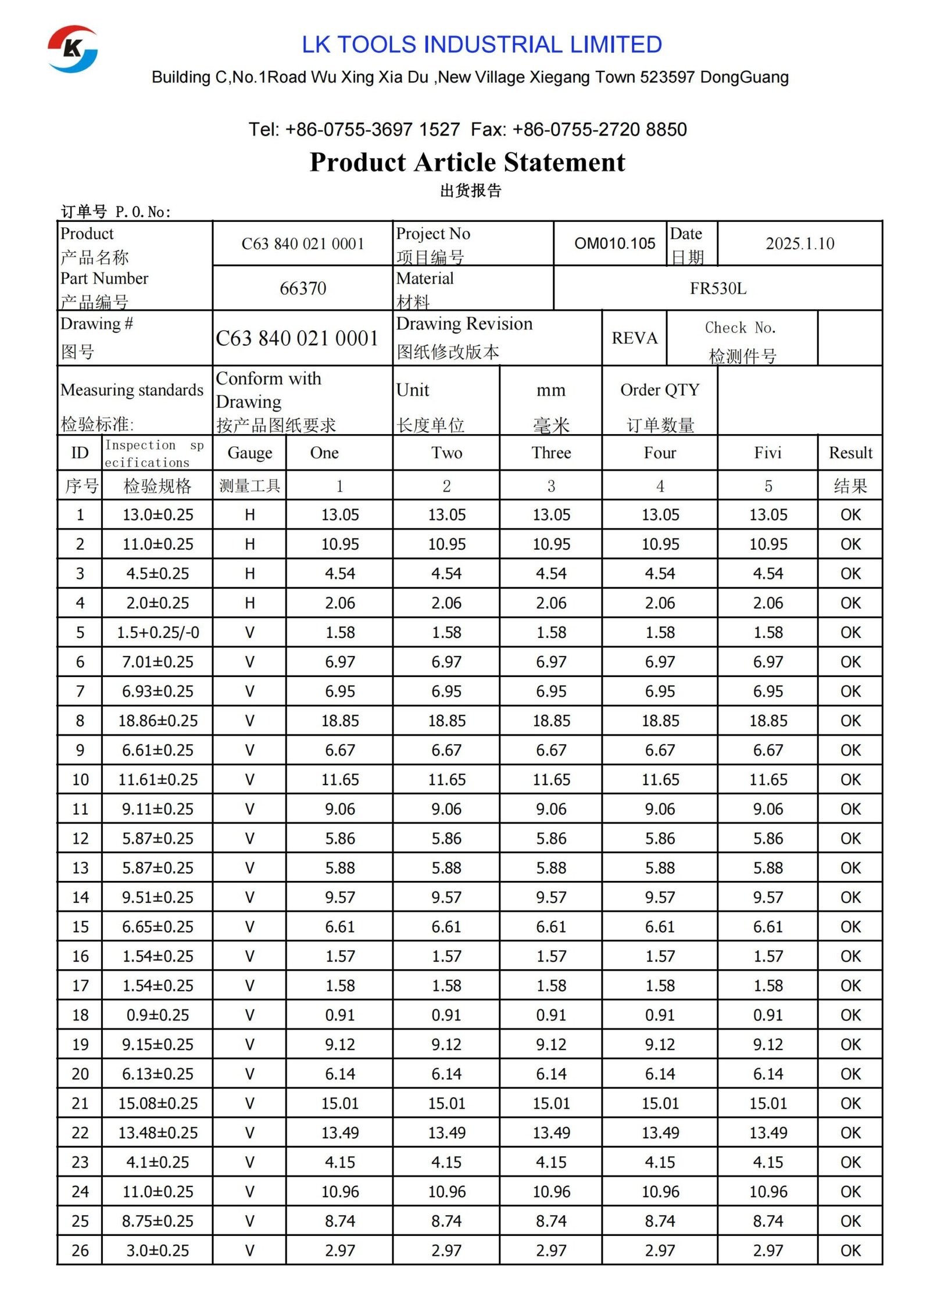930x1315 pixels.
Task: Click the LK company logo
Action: tap(73, 49)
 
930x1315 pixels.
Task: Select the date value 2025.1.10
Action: tap(799, 243)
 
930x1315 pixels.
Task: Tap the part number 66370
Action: tap(302, 288)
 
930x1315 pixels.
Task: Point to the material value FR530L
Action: tap(717, 288)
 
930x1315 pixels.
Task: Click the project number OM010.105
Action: tap(614, 243)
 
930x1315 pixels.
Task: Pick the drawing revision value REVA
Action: tap(634, 338)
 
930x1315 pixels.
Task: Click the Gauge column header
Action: tap(249, 453)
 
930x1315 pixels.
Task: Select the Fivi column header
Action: tap(767, 453)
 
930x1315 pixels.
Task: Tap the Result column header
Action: tap(850, 453)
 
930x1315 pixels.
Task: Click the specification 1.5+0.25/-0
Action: tap(158, 632)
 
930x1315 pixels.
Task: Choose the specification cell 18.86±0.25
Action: tap(158, 721)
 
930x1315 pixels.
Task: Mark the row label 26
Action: tap(80, 1250)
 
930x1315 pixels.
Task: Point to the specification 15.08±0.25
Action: tap(158, 1103)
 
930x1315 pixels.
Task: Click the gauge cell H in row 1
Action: tap(249, 514)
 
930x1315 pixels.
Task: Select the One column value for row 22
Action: tap(340, 1133)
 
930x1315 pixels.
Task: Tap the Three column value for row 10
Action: tap(551, 779)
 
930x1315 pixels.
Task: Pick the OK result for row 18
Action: tap(850, 1015)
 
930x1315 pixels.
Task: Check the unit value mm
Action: tap(550, 390)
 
